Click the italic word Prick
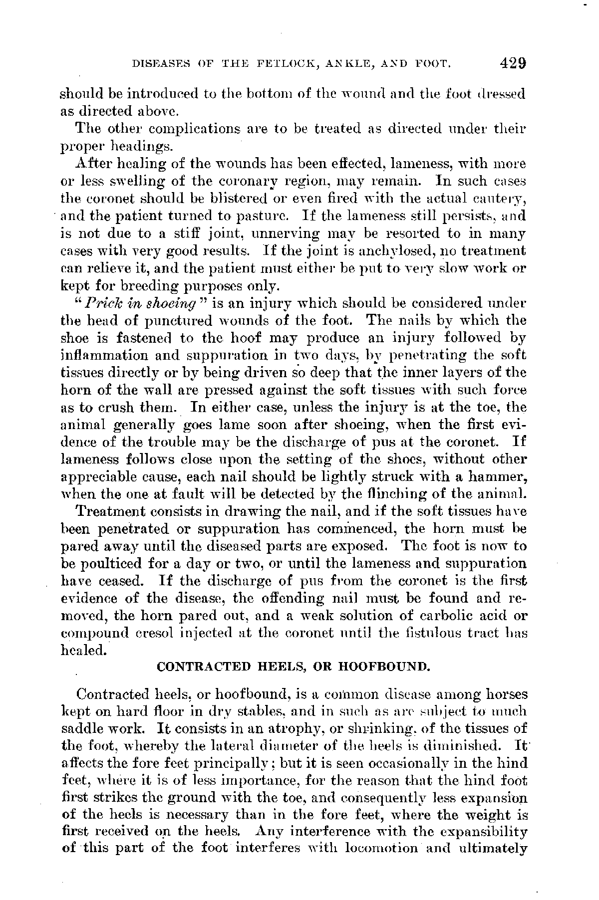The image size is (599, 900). tap(103, 303)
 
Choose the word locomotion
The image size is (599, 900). tap(381, 849)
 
